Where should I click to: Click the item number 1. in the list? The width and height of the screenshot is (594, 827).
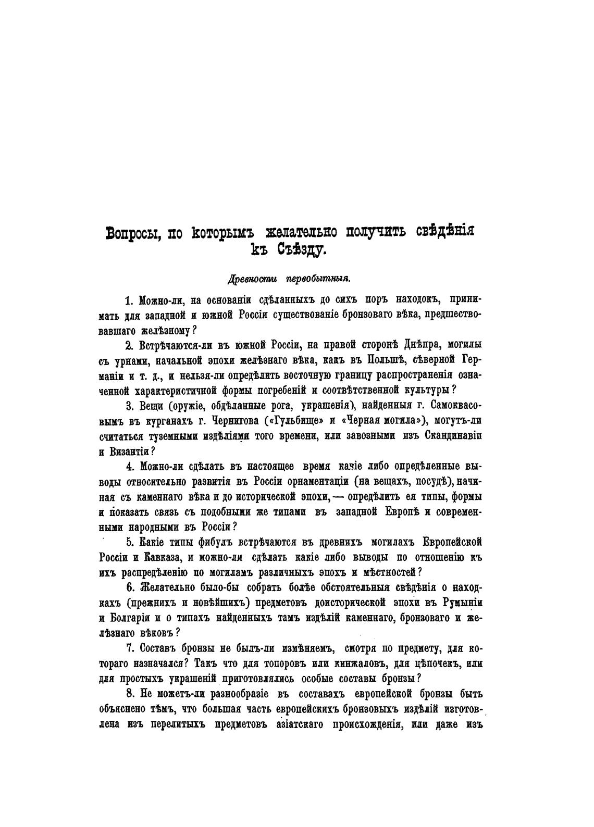130,300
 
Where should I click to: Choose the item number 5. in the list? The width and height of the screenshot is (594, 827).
130,541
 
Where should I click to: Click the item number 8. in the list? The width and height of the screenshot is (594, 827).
130,694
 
